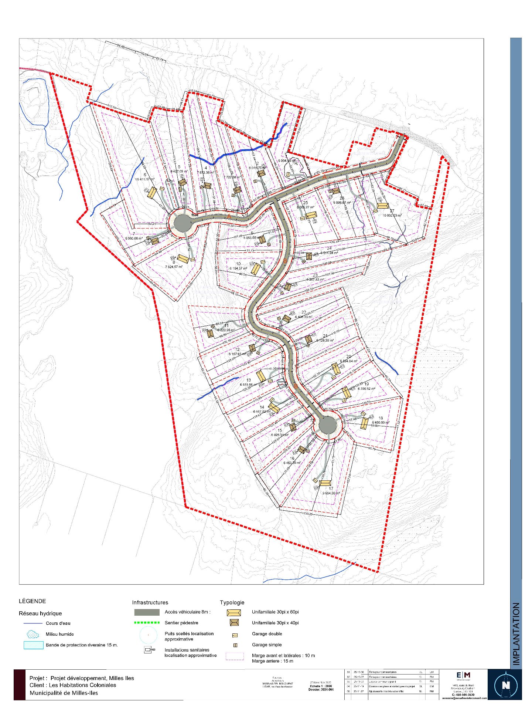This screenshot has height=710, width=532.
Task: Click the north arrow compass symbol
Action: [x=505, y=685]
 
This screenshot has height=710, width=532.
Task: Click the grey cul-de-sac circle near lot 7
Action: [x=182, y=223]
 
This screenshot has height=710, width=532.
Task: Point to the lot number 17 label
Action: [x=331, y=488]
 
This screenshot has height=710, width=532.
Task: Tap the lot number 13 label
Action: [x=249, y=380]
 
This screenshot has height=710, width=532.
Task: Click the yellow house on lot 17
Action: [x=325, y=483]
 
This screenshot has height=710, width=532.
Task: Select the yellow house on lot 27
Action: [x=382, y=206]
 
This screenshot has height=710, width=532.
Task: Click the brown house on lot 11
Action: [x=210, y=334]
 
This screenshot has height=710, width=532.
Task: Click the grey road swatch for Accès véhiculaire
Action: [x=147, y=612]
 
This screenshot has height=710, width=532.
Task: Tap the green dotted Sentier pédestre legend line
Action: [x=147, y=623]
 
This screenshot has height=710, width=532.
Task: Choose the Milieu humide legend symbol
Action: [x=33, y=634]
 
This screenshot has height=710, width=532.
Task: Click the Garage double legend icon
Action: [x=235, y=635]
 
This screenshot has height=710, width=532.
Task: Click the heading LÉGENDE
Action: [x=33, y=601]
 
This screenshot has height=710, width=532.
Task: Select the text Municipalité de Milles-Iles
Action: [x=64, y=693]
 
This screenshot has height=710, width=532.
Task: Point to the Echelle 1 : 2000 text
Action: [x=321, y=686]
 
